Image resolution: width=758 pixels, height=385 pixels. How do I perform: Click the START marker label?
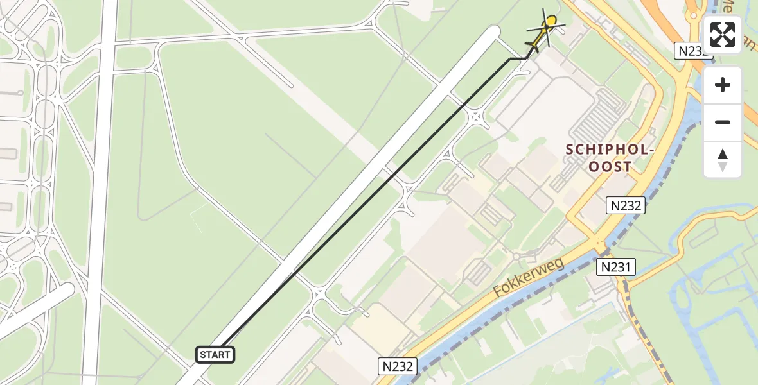coord(215,355)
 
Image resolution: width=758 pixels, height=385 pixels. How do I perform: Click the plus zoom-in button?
coord(723,85)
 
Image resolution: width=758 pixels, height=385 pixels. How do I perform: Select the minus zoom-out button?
coord(723,122)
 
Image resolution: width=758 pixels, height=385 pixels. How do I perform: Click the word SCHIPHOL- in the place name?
coord(610,150)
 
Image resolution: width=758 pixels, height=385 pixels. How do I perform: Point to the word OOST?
coord(610,167)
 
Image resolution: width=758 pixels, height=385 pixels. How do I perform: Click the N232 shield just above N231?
coord(625,205)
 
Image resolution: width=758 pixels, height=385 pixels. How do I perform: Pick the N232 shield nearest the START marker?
coord(397,366)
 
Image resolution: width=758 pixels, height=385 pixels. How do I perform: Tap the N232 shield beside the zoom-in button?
coord(692,51)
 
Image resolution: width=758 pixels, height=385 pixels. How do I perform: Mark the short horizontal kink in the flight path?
coord(518,58)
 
